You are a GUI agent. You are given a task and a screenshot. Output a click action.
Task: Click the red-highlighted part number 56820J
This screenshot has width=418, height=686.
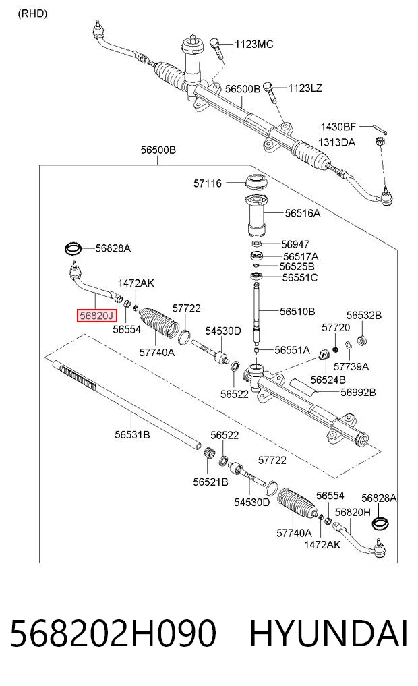[96, 315]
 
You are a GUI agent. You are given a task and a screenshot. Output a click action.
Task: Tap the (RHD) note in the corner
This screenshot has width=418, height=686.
[32, 13]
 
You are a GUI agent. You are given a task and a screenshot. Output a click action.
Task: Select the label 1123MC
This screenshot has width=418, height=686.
[254, 44]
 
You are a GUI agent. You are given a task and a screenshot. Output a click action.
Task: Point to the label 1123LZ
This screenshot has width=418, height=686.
[305, 88]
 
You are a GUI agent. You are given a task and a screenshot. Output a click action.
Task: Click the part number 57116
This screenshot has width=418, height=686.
[208, 183]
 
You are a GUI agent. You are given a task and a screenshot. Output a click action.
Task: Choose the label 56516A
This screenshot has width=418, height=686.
[303, 213]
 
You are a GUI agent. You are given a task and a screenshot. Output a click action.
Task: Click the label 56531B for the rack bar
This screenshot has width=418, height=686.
[133, 434]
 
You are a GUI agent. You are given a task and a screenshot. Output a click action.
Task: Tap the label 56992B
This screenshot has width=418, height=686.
[358, 392]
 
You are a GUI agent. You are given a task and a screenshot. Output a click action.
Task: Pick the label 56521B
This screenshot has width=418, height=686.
[211, 482]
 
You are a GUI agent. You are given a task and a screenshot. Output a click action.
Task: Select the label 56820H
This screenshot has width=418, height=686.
[353, 511]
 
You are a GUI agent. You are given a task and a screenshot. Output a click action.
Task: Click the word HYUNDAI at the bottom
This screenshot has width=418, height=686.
[329, 633]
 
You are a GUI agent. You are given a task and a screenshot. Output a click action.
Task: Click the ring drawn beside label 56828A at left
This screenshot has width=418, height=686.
[73, 248]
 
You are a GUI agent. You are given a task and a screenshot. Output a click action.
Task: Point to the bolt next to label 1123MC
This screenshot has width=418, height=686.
[217, 49]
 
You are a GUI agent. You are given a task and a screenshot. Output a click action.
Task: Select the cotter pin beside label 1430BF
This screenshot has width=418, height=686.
[380, 129]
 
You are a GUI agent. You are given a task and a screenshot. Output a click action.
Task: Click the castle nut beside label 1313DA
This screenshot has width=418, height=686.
[378, 141]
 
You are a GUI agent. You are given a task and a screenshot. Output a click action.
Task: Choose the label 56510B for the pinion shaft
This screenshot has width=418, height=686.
[297, 312]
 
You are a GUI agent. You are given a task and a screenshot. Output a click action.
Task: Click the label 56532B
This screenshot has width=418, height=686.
[364, 315]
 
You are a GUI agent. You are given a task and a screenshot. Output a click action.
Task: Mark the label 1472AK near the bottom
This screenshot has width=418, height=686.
[322, 544]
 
